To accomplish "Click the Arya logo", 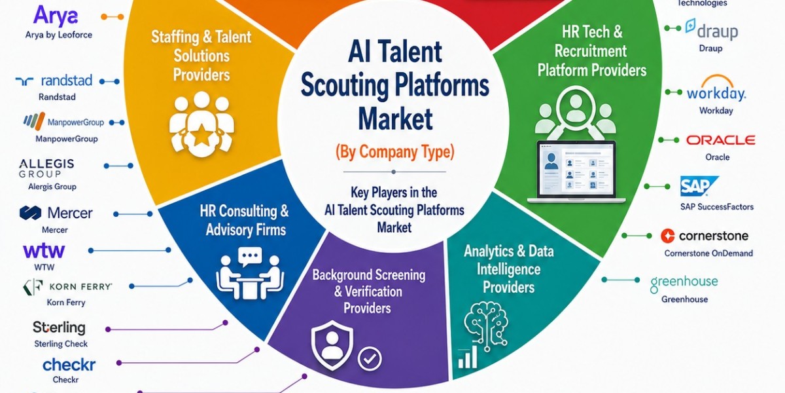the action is [56, 16].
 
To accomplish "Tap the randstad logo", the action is [54, 81].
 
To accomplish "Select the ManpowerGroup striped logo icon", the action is [34, 121].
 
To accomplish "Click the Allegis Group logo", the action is [46, 168].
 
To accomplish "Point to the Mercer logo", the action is [56, 213].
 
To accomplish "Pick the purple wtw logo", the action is [44, 250].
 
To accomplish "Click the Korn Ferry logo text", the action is [80, 287].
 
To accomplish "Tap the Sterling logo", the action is [59, 327].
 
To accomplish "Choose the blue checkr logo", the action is [69, 365].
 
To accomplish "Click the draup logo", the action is [712, 29].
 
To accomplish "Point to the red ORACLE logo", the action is [720, 140].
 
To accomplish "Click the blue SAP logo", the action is [699, 186].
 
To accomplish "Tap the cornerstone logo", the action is [705, 236].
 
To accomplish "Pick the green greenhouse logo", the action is [684, 283].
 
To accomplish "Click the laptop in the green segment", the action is [576, 172].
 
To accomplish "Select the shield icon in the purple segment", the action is [332, 345].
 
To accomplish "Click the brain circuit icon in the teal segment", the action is [486, 326].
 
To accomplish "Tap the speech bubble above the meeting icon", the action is [250, 257].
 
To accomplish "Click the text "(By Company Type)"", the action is [395, 152].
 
